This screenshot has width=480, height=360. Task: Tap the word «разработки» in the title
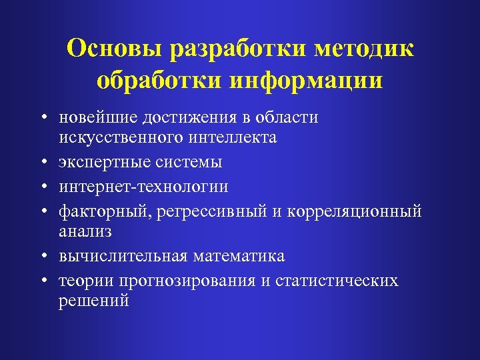pos(239,49)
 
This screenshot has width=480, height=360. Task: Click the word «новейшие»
pos(94,118)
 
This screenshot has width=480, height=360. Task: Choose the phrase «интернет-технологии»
pos(143,187)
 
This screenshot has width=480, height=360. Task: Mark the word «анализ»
pos(85,231)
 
